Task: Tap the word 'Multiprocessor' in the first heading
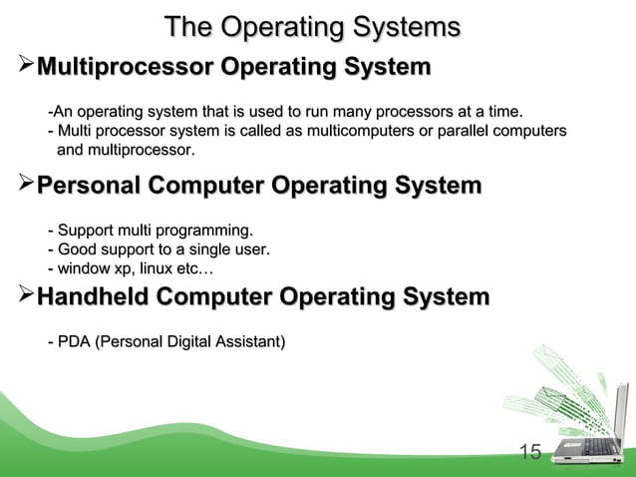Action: tap(125, 68)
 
